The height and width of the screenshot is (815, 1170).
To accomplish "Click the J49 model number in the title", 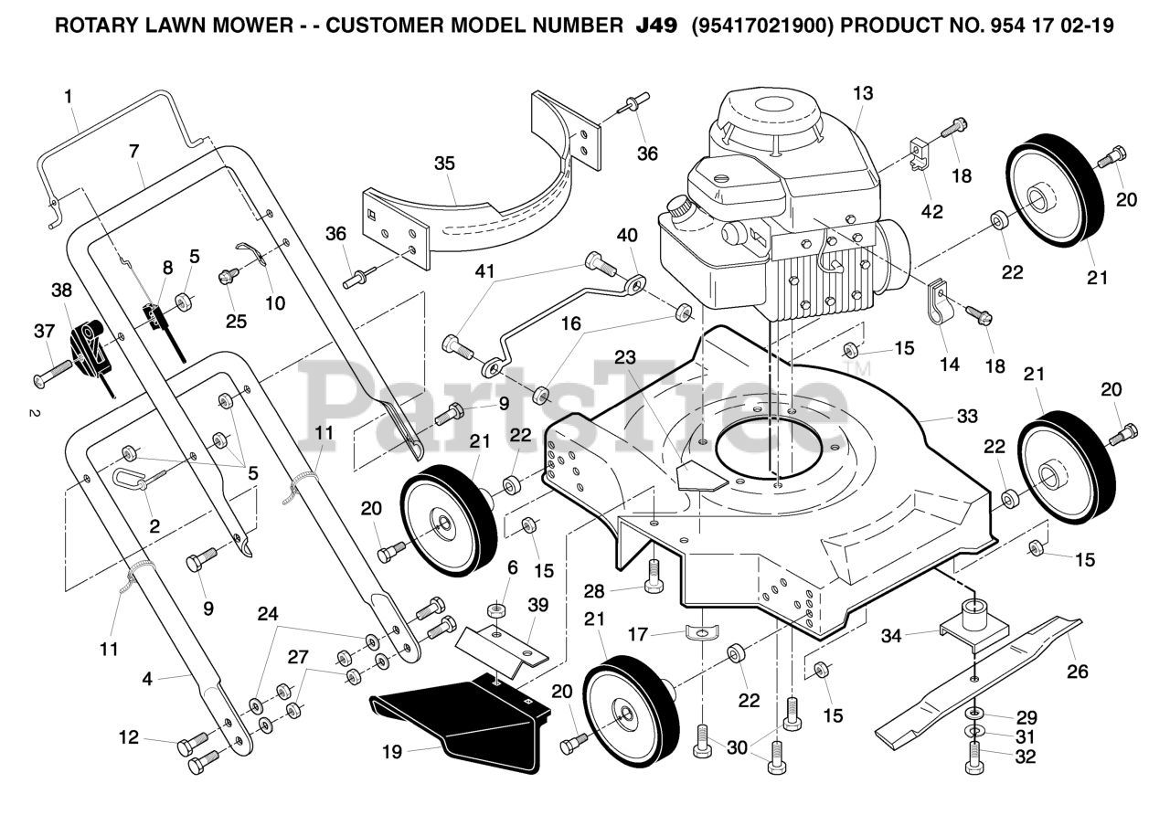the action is click(x=656, y=25).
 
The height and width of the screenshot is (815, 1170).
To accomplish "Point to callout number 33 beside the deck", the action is click(x=967, y=416).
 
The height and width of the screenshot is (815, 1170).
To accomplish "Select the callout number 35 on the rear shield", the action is click(x=444, y=164).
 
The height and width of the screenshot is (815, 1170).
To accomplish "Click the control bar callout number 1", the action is click(x=68, y=97).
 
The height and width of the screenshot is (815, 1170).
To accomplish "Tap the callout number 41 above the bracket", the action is click(x=484, y=271).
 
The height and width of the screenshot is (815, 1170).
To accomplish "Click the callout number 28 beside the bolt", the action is click(x=594, y=591).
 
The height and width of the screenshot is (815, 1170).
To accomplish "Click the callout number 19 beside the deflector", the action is click(x=392, y=752).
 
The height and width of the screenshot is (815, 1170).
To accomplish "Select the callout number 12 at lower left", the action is click(x=129, y=737).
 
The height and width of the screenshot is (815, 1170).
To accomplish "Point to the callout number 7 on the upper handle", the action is click(x=134, y=152).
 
